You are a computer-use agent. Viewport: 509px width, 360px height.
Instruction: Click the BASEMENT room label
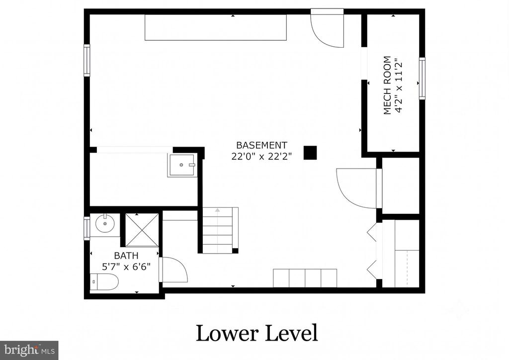point(261,145)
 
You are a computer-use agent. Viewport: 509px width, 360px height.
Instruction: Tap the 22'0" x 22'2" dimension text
point(261,157)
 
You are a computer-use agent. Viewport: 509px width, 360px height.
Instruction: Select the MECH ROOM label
point(387,86)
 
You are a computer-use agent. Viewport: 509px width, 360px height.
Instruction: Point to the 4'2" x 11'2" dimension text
point(399,86)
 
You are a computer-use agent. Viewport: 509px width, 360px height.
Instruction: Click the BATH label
point(126,256)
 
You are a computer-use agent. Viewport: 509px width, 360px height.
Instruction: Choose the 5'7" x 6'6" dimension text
point(126,267)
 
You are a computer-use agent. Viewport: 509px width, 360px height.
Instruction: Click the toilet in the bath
point(104,282)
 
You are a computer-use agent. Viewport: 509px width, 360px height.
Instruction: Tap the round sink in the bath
point(104,223)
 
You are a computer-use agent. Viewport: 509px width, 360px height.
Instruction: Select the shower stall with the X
point(142,230)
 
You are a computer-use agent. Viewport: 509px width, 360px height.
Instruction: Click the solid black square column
point(310,153)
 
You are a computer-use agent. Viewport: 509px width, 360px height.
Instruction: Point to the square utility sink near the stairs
point(182,165)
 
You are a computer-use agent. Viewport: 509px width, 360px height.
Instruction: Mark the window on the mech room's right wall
point(422,78)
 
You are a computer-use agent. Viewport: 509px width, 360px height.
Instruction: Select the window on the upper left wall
point(86,60)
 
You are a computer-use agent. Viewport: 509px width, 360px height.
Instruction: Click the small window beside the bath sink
point(86,229)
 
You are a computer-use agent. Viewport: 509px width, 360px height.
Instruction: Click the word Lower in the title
point(227,333)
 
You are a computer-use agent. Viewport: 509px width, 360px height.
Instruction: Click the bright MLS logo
point(29,350)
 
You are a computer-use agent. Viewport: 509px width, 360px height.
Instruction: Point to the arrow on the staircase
point(217,210)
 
